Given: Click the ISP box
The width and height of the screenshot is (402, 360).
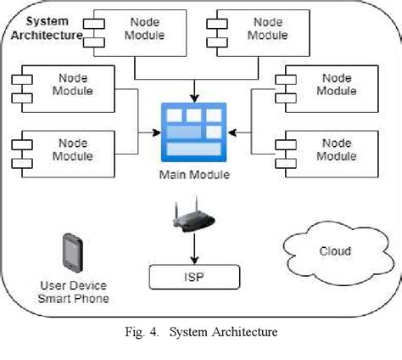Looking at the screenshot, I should pyautogui.click(x=195, y=276).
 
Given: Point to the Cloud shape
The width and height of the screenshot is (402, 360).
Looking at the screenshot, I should pyautogui.click(x=334, y=250).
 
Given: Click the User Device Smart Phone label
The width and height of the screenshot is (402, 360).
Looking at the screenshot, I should pyautogui.click(x=74, y=291).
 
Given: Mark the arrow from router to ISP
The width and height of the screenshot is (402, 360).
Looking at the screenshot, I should pyautogui.click(x=195, y=248).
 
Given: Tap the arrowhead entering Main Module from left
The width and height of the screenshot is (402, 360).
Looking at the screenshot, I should pyautogui.click(x=157, y=132).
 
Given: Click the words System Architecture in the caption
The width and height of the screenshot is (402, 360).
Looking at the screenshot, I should pyautogui.click(x=224, y=332).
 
